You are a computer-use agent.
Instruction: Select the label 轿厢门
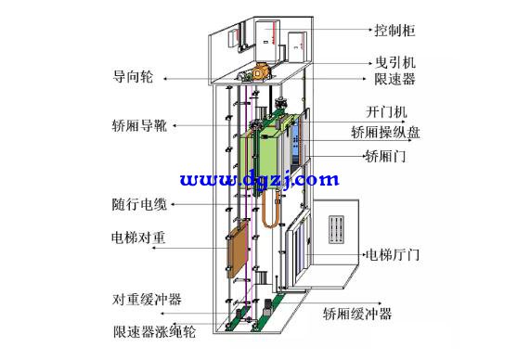[385, 156]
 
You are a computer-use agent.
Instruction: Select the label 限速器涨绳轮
[154, 330]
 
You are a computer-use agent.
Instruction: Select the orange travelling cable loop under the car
[274, 209]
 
